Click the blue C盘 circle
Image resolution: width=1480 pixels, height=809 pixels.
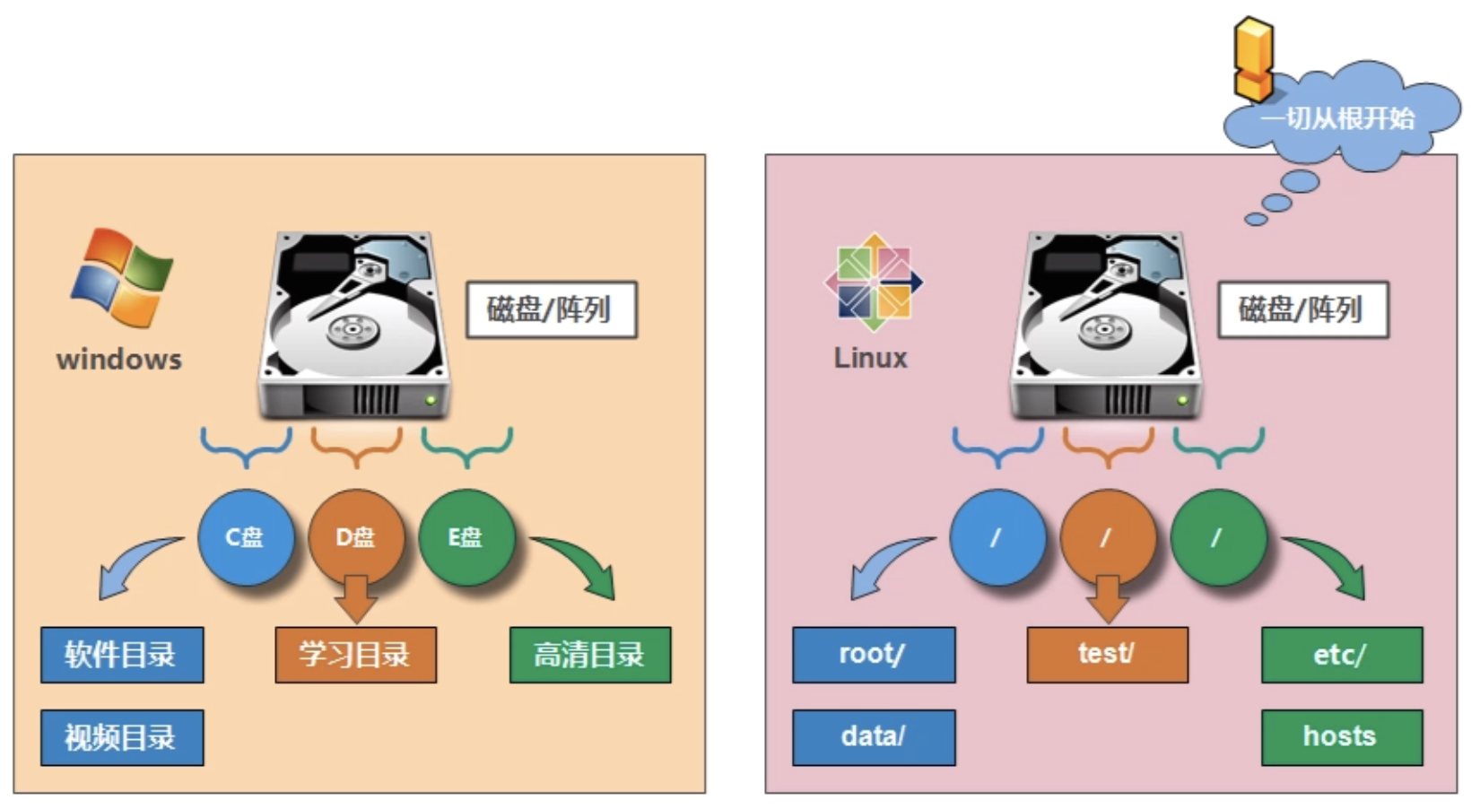245,537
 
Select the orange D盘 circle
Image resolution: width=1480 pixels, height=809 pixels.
355,537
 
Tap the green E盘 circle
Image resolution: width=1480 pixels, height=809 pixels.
466,537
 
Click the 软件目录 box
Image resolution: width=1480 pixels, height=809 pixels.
122,655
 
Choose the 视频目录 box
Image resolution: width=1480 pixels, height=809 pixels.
122,737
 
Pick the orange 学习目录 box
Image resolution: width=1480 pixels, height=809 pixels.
355,655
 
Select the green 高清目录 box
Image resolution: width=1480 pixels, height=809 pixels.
589,655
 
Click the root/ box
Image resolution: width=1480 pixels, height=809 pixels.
873,655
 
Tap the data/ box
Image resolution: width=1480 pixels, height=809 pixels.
873,737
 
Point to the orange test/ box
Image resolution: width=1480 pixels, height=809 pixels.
1107,655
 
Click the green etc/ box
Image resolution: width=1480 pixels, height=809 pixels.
1341,655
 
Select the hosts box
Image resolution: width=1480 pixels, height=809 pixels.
1341,737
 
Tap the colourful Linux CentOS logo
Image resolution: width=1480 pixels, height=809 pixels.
874,282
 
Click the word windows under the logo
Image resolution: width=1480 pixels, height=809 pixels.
118,360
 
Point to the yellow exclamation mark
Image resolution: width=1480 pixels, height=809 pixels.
1253,58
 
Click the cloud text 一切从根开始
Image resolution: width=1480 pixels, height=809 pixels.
1337,118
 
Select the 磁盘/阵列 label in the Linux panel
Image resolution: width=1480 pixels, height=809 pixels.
1302,309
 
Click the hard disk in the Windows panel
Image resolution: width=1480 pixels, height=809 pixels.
354,325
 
